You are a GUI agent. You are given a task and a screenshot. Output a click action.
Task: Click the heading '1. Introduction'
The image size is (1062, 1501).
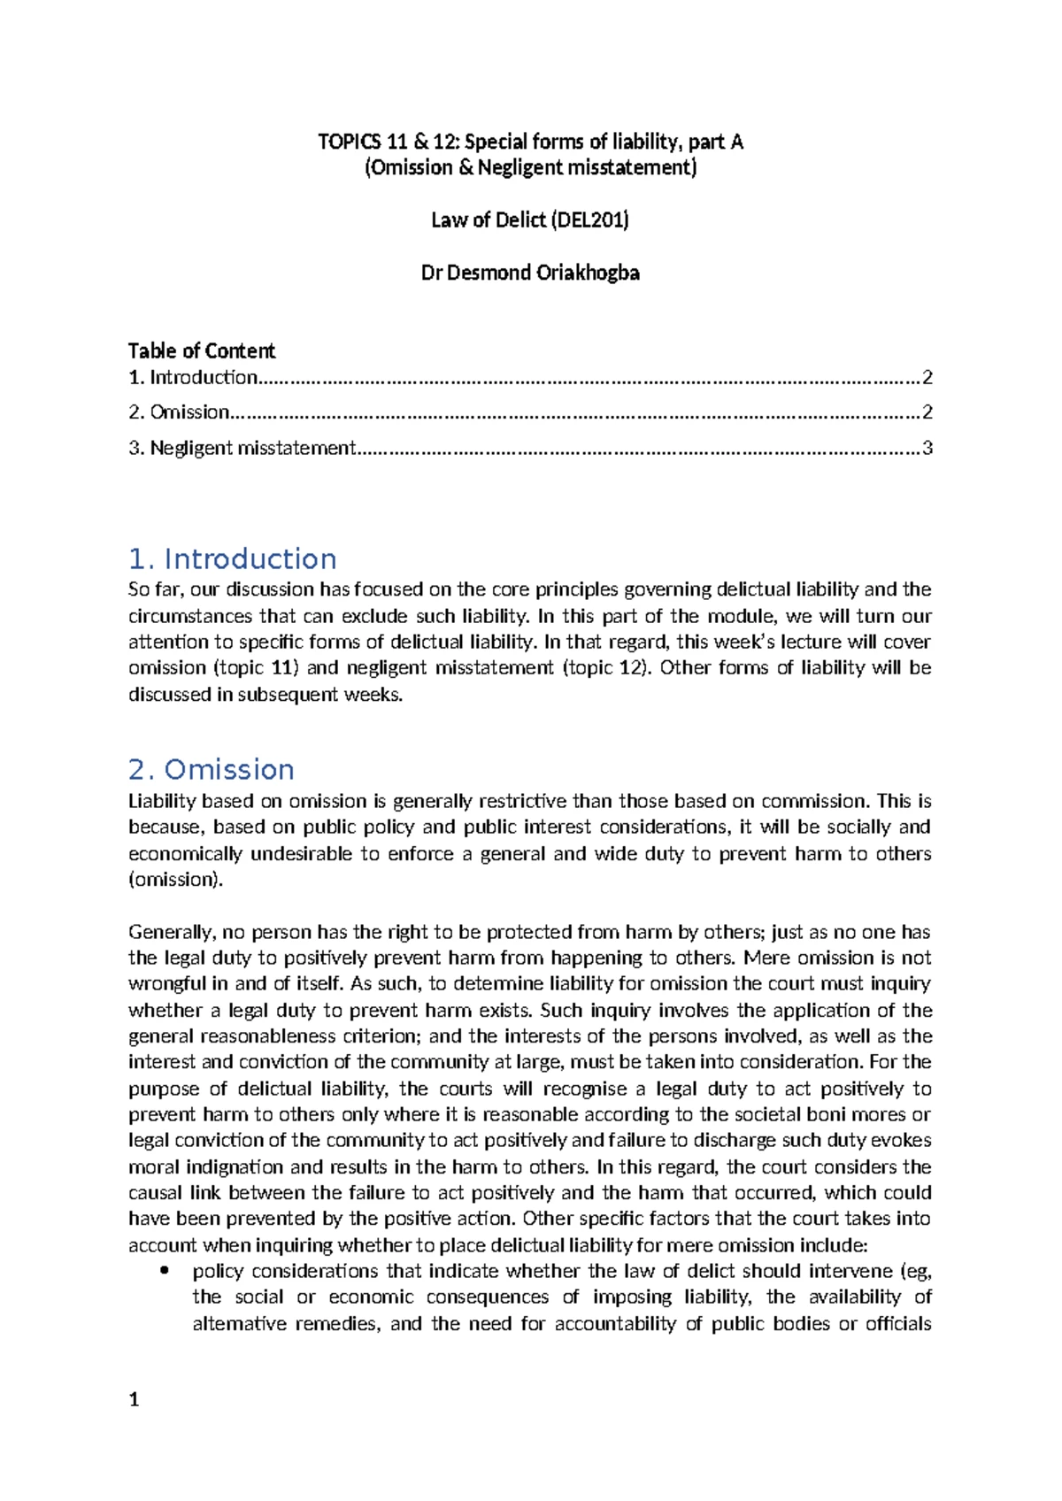click(x=232, y=559)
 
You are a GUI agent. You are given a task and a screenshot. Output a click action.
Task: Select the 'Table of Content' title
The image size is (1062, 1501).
click(x=202, y=350)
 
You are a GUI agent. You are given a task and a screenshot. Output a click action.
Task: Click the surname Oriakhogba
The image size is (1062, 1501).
click(x=588, y=273)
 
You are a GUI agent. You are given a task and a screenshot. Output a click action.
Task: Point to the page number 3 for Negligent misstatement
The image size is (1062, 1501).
click(x=927, y=448)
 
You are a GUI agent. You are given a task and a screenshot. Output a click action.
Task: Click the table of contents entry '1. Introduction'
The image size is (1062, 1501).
click(x=193, y=378)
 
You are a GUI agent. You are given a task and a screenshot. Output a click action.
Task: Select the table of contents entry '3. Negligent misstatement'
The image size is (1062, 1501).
click(x=242, y=448)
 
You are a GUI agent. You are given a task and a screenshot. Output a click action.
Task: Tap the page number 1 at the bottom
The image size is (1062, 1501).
click(x=134, y=1399)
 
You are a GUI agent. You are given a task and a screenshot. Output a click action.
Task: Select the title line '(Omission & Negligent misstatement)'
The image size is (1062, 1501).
click(x=531, y=168)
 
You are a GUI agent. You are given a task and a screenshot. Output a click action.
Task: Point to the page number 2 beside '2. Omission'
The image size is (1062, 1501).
click(x=927, y=412)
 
